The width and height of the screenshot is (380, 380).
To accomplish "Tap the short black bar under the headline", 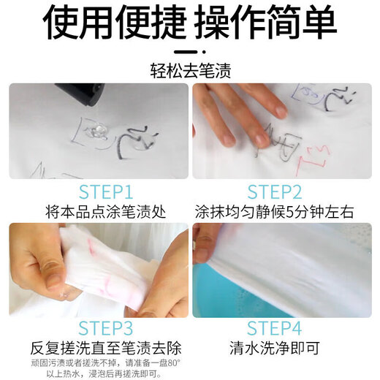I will tap(190, 53).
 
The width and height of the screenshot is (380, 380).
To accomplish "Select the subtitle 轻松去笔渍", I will tap(190, 71).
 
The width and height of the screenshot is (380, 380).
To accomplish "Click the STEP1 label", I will tap(99, 192).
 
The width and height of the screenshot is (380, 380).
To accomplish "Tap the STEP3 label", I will tap(99, 328).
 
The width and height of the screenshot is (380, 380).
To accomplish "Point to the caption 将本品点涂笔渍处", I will tap(99, 212).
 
